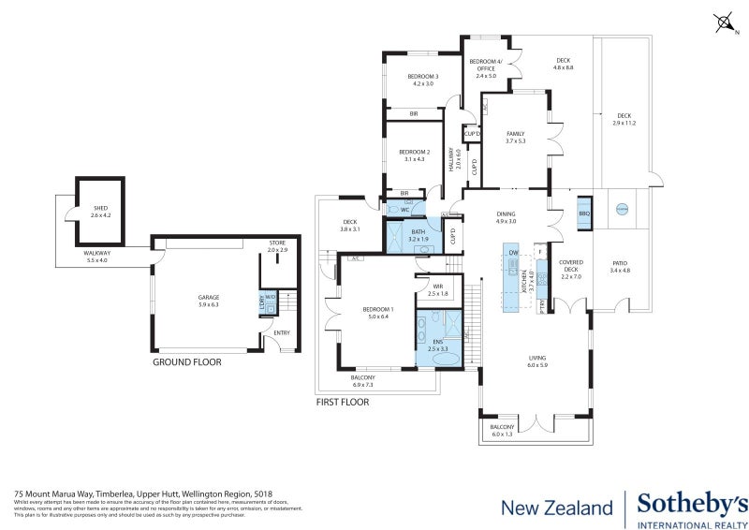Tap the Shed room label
[101, 212]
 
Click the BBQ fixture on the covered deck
[584, 212]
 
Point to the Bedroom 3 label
[423, 80]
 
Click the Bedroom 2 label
[413, 155]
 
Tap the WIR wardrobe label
[437, 290]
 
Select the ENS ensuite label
[437, 345]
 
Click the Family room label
[515, 137]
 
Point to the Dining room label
[506, 217]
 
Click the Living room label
[536, 360]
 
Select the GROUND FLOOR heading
[186, 361]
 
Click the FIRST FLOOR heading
[343, 403]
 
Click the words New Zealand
[556, 508]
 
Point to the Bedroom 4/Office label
[486, 67]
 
